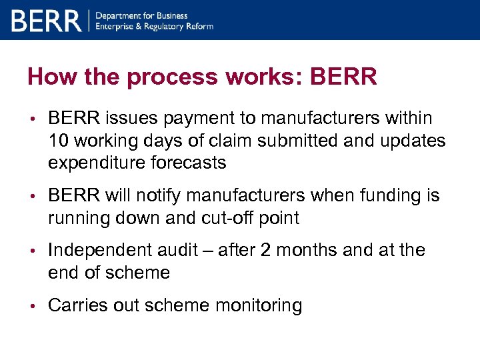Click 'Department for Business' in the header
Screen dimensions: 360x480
pos(142,15)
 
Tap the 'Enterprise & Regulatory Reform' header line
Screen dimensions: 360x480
pos(155,26)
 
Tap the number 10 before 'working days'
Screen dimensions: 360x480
pos(57,140)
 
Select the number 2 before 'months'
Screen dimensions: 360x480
pos(265,250)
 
